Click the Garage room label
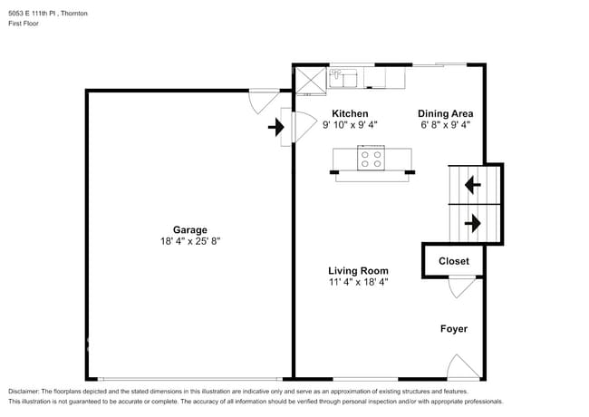(x=190, y=229)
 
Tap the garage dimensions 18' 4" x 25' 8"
(x=190, y=241)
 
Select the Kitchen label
(x=349, y=113)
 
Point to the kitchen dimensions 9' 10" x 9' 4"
(x=349, y=125)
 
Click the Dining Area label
(x=444, y=113)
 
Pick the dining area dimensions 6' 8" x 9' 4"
(x=444, y=125)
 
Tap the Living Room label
(x=358, y=270)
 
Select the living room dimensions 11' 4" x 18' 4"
(x=358, y=282)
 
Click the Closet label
(x=454, y=261)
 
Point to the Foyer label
(x=454, y=328)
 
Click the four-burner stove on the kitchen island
(x=371, y=159)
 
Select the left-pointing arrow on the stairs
(x=472, y=186)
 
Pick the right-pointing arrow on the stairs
(x=472, y=222)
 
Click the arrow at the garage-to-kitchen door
(x=275, y=128)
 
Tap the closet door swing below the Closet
(x=461, y=286)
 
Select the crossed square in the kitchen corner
(x=311, y=79)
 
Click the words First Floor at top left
(x=24, y=24)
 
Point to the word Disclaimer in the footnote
(x=24, y=391)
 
